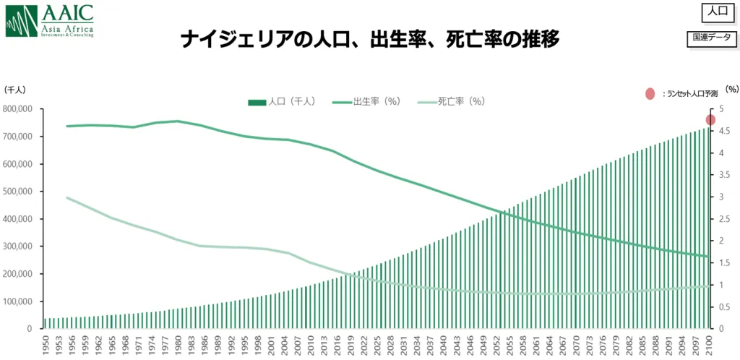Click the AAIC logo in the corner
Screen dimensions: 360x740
coord(50,20)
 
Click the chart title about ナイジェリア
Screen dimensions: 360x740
coord(370,39)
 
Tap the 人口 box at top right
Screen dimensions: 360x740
coord(716,12)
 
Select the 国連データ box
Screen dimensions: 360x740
coord(711,39)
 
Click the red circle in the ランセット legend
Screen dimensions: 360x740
coord(650,93)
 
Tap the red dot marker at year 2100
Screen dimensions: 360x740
coord(710,120)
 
